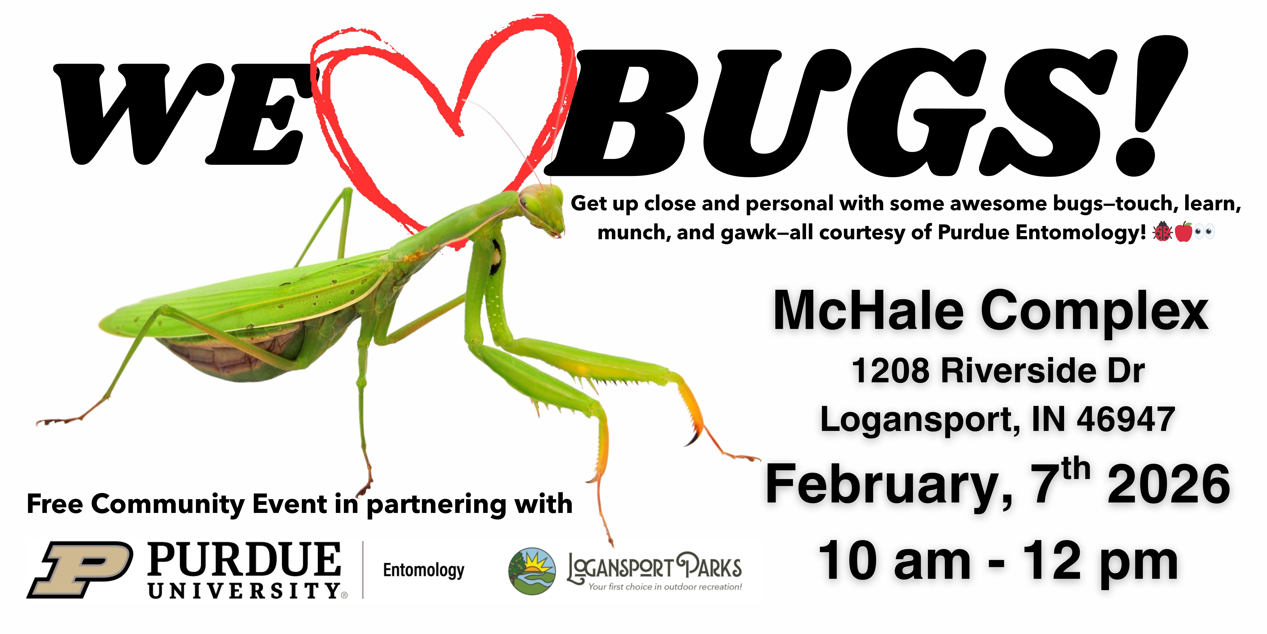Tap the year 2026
(1168, 485)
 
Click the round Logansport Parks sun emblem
(532, 571)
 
